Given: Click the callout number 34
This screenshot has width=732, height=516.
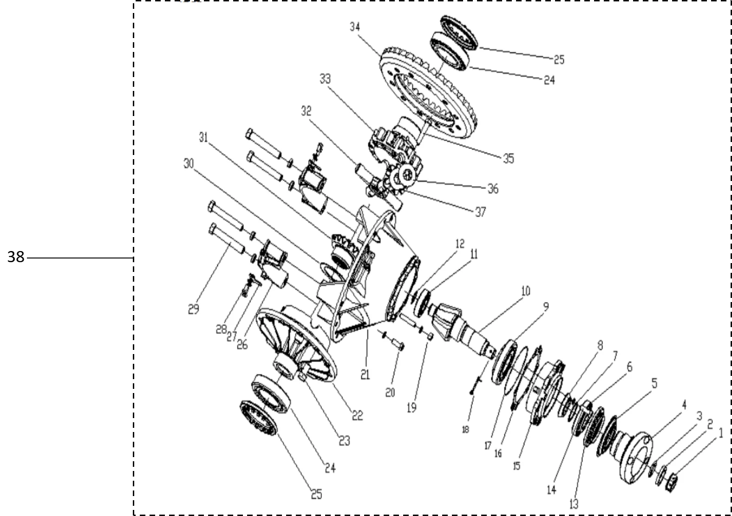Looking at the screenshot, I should pyautogui.click(x=355, y=27).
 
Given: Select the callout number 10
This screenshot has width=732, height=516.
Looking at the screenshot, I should pyautogui.click(x=525, y=291).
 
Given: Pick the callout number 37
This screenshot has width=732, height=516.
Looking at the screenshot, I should pyautogui.click(x=480, y=212).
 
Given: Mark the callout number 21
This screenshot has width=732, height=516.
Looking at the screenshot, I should pyautogui.click(x=365, y=374).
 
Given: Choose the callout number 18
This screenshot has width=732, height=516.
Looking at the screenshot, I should pyautogui.click(x=466, y=429).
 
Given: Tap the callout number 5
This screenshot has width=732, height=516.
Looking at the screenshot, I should pyautogui.click(x=654, y=383).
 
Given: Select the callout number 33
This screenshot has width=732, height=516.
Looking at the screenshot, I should pyautogui.click(x=325, y=79).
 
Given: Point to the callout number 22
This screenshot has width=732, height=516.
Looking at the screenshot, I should pyautogui.click(x=357, y=416).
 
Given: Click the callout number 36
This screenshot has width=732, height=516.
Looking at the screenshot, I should pyautogui.click(x=493, y=189).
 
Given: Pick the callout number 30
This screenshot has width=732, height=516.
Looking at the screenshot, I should pyautogui.click(x=188, y=164).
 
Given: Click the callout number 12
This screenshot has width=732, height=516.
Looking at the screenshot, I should pyautogui.click(x=460, y=244).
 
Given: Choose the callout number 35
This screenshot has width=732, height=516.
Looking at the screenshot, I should pyautogui.click(x=509, y=159).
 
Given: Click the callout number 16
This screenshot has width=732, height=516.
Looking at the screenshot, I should pyautogui.click(x=498, y=453).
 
